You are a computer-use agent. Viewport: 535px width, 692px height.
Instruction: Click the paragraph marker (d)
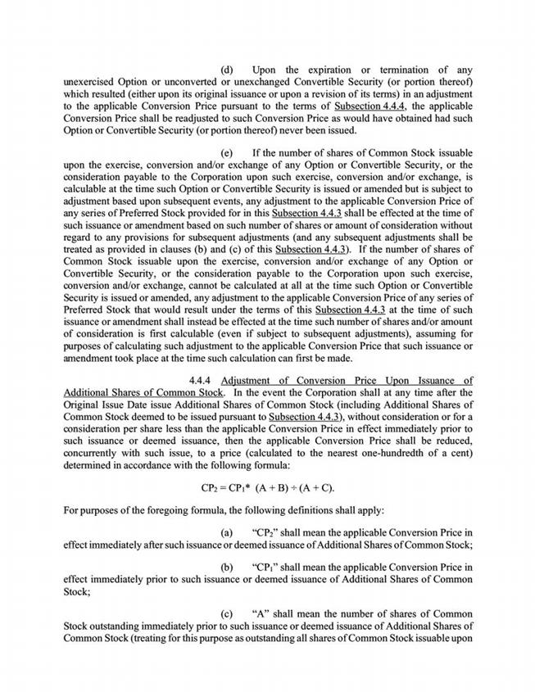(229, 69)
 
